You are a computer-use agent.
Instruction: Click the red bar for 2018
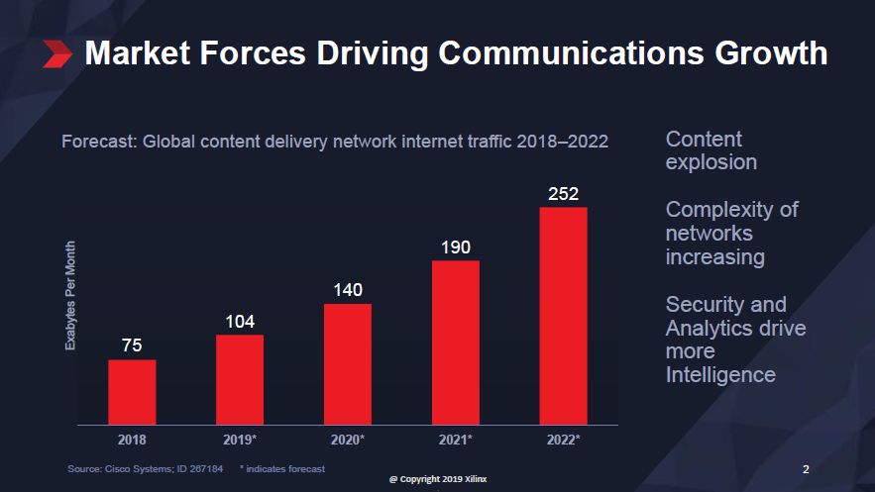tap(132, 391)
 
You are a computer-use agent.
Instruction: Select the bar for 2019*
tap(240, 379)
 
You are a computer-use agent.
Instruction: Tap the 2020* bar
tap(348, 363)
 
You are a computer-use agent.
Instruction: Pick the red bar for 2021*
tap(456, 342)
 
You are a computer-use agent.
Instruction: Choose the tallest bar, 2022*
tap(563, 315)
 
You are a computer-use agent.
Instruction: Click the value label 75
tap(132, 345)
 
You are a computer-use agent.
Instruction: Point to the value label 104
tap(240, 322)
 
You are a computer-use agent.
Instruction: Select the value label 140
tap(348, 290)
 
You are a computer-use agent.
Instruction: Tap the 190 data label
tap(456, 246)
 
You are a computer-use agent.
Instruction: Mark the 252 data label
tap(563, 193)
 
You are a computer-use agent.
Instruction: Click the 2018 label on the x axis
tap(132, 439)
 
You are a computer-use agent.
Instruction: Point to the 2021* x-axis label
tap(456, 439)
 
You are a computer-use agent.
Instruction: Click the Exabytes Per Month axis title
tap(70, 295)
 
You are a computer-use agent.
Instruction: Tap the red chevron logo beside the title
tap(57, 53)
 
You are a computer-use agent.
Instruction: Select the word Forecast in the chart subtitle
tap(98, 142)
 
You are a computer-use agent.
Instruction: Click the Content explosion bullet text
tap(711, 150)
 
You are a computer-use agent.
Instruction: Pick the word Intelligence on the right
tap(720, 375)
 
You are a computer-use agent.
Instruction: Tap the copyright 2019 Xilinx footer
tap(437, 478)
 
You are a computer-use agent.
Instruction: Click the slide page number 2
tap(806, 468)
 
